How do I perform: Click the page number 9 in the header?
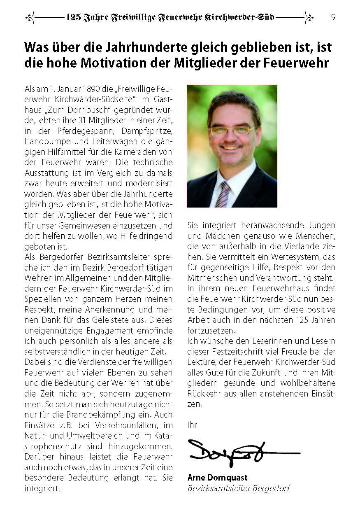tap(333, 17)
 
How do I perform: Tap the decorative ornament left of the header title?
tap(30, 17)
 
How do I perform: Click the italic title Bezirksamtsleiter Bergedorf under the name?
tap(239, 488)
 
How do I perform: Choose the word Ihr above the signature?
tap(192, 425)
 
